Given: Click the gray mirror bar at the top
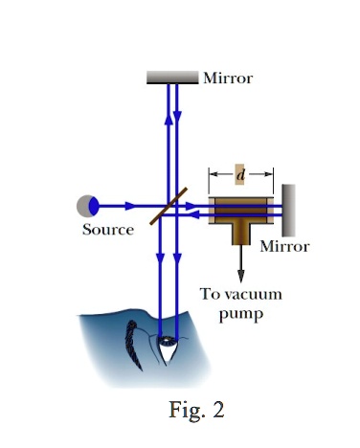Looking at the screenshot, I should (x=171, y=78).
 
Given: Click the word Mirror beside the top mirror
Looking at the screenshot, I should (x=228, y=78).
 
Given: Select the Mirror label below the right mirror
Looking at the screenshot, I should (x=285, y=246).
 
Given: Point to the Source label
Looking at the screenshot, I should (x=107, y=230).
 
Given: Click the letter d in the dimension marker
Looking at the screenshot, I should (x=240, y=173).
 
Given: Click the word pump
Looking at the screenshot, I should (x=239, y=313).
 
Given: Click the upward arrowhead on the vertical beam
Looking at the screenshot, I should (x=169, y=120).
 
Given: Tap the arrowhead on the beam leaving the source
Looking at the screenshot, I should (x=130, y=205).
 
